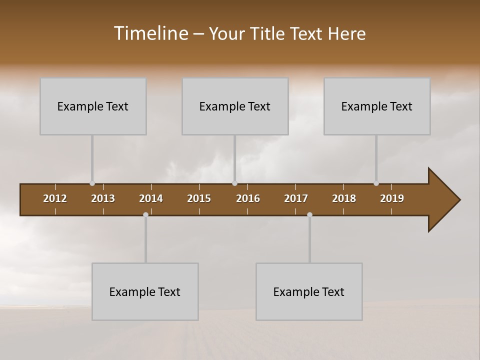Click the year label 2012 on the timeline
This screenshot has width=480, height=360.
[55, 198]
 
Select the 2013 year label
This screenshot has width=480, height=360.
[103, 198]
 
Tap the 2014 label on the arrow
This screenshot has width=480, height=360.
[151, 198]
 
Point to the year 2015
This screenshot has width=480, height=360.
[199, 198]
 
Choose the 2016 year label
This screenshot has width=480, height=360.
[248, 198]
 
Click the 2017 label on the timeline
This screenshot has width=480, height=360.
[296, 198]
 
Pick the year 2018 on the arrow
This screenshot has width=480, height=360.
[344, 198]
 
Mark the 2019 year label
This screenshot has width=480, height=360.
[392, 198]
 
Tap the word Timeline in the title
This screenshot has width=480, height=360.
[150, 33]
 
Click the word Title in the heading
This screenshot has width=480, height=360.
[266, 33]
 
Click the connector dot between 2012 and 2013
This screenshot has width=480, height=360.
[92, 183]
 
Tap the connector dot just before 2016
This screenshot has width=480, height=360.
[235, 183]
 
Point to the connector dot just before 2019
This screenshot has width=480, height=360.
[376, 183]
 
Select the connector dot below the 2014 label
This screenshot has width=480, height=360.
[145, 214]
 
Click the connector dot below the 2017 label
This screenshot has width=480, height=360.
[309, 214]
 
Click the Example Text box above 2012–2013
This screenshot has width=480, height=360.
[93, 106]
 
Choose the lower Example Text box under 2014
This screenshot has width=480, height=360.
[145, 291]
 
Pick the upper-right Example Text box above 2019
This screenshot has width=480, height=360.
[377, 106]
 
